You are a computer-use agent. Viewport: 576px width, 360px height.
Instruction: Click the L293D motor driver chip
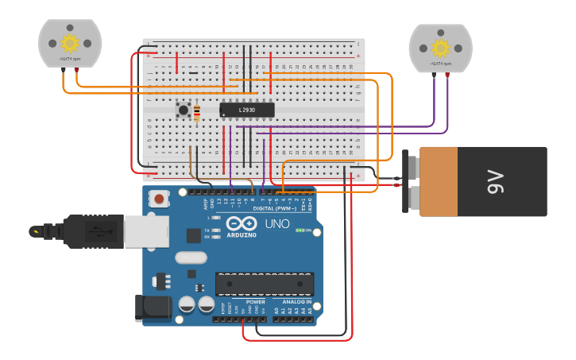(x=247, y=110)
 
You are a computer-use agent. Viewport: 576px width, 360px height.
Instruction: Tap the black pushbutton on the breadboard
(x=184, y=110)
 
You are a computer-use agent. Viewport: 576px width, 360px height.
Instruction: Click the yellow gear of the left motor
(x=70, y=43)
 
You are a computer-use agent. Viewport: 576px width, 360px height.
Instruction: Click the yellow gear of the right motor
(x=440, y=48)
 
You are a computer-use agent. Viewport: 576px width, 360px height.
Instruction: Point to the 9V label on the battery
(x=496, y=182)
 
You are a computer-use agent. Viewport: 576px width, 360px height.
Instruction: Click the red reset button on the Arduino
(x=160, y=199)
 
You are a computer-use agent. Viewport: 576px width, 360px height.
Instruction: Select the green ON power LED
(x=300, y=230)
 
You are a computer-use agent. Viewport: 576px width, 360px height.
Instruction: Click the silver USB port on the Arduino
(x=145, y=231)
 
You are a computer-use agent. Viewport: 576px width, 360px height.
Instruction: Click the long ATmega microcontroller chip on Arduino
(x=265, y=284)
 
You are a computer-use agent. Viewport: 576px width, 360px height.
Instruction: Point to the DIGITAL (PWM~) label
(x=277, y=208)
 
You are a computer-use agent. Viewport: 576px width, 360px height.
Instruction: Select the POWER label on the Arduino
(x=256, y=302)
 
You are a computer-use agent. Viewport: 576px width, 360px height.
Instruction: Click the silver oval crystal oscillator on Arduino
(x=191, y=257)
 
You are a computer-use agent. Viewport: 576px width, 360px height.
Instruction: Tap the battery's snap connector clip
(x=411, y=182)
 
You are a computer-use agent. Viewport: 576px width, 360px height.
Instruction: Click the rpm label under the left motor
(x=70, y=59)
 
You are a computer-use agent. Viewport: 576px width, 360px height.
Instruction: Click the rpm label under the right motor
(x=440, y=63)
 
